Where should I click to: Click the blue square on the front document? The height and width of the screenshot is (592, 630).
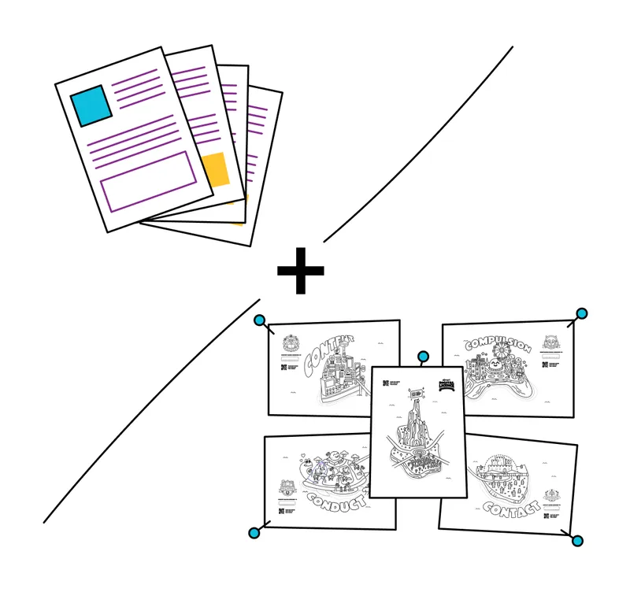point(91,105)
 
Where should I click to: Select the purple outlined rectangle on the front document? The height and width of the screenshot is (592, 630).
point(148,181)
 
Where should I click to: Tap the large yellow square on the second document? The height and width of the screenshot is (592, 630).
point(214,169)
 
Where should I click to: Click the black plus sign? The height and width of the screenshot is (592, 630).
point(300,270)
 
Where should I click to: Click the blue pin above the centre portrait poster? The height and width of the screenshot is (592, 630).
point(423,357)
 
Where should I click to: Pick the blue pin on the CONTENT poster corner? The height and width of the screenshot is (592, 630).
point(258,320)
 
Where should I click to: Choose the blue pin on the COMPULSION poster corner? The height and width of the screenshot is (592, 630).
point(581,313)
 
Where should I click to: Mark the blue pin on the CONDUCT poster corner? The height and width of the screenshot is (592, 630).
point(254,533)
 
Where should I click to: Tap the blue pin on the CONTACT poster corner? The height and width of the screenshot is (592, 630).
point(577,541)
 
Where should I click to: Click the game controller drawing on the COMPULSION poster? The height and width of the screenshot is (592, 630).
point(495,385)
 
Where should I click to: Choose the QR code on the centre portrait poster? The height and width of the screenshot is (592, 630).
point(386,384)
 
